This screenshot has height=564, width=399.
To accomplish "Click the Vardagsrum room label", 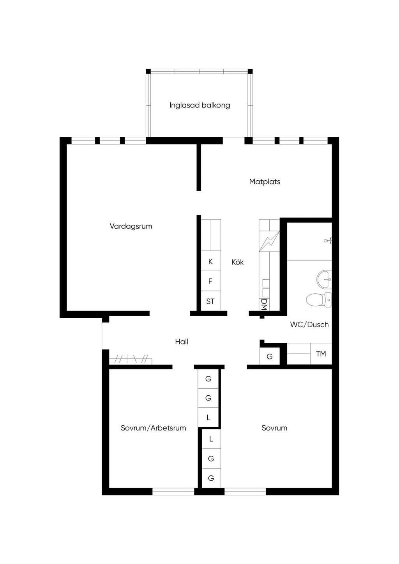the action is coord(131,226).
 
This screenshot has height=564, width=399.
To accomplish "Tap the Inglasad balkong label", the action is coord(200,105).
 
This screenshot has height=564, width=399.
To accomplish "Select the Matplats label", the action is coord(265,182).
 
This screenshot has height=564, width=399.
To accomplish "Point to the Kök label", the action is coord(238,262).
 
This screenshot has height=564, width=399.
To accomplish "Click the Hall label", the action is coord(182,342).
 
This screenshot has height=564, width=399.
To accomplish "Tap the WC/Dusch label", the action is coord(309,324).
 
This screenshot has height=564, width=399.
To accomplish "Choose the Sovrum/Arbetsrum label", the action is coord(154,428).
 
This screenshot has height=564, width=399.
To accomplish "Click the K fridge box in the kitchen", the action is coord(211,261).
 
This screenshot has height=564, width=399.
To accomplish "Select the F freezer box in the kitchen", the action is coord(211,281).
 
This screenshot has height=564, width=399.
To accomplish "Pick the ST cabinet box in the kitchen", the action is coord(211,301).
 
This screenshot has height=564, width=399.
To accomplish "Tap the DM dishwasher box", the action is coord(264,305).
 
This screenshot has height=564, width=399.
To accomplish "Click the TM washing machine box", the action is coord(321,354).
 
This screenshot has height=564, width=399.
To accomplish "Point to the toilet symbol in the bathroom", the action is coord(319,300).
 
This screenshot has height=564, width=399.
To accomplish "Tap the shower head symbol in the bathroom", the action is coord(328,241).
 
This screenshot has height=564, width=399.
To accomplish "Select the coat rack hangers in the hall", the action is coord(130,359).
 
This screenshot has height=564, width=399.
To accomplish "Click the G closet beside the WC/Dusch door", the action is coord(270,356).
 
